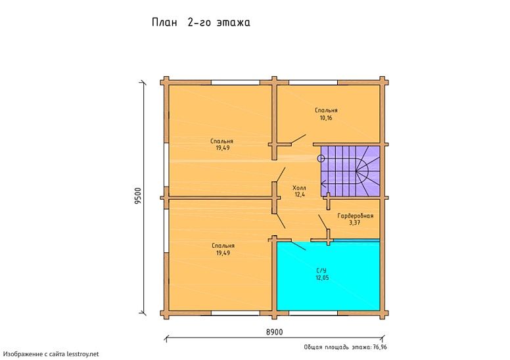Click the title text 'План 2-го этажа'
click(x=200, y=22)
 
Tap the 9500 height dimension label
click(x=138, y=196)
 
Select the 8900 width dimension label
click(x=275, y=332)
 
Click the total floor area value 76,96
click(x=380, y=347)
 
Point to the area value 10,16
click(x=326, y=118)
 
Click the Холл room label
click(x=299, y=188)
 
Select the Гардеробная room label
click(x=355, y=215)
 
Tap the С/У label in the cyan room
click(x=321, y=271)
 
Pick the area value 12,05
click(x=322, y=278)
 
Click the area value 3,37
click(x=354, y=223)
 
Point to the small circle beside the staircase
click(x=321, y=159)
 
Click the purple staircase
click(x=350, y=171)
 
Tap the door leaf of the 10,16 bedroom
click(x=298, y=139)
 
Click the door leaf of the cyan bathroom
click(x=298, y=246)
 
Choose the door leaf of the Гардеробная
click(x=323, y=222)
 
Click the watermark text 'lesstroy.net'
click(x=83, y=354)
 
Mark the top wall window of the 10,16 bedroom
click(x=313, y=83)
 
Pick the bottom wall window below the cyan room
click(x=313, y=313)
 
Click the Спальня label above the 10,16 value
click(x=326, y=110)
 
